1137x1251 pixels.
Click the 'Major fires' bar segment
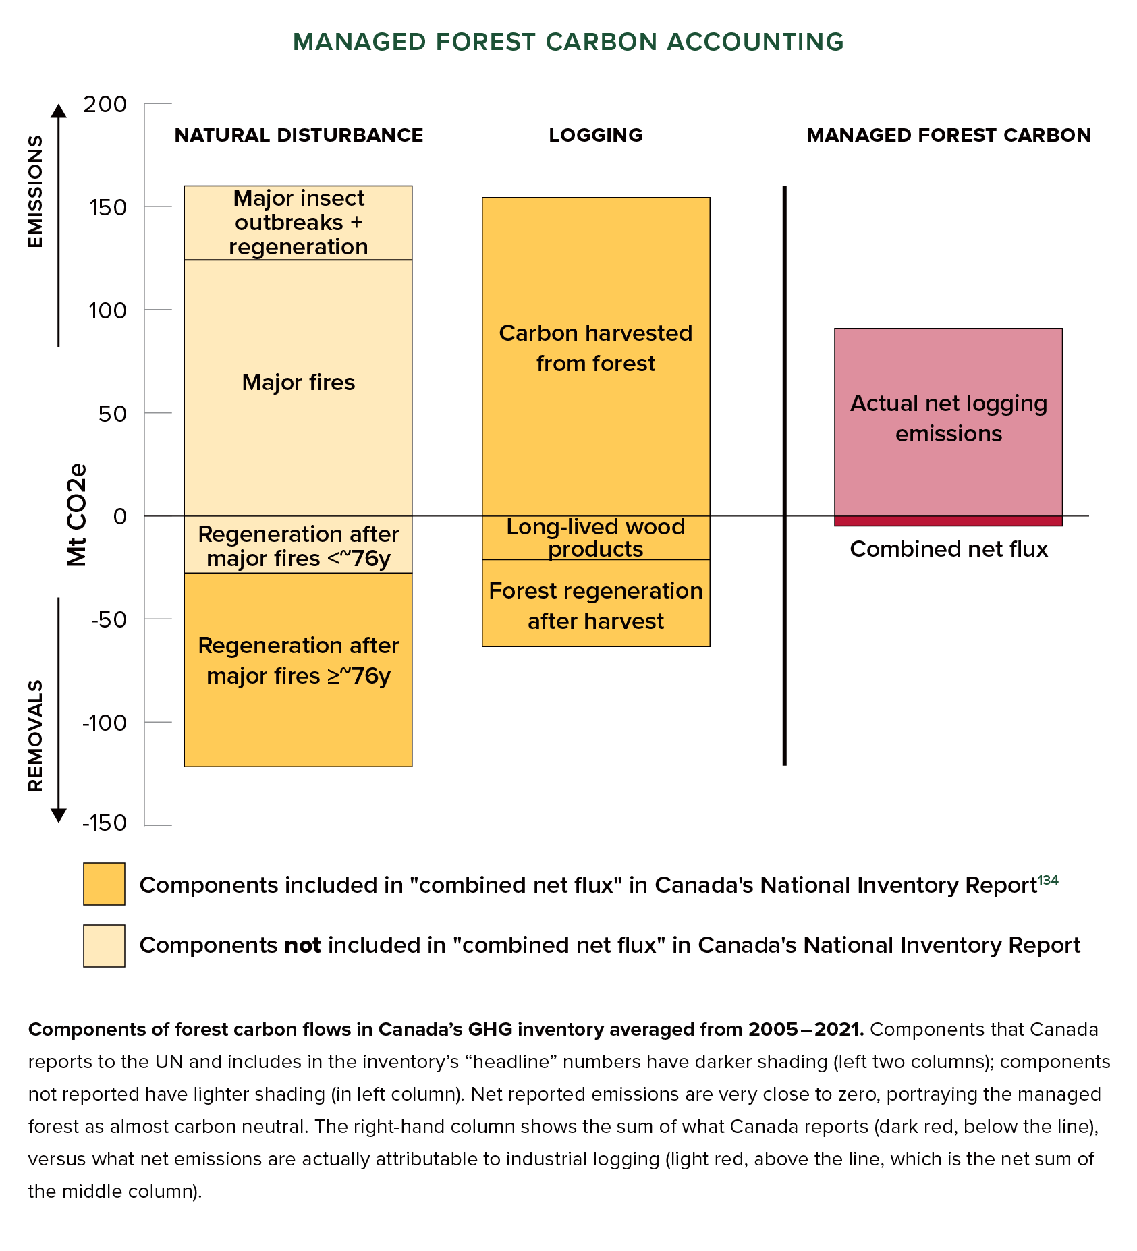click(298, 382)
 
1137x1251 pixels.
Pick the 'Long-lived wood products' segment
click(596, 537)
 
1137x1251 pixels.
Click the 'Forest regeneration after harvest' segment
click(596, 605)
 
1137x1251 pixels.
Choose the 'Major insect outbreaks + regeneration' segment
click(298, 223)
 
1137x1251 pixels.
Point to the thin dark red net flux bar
click(948, 521)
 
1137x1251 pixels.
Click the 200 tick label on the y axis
click(105, 104)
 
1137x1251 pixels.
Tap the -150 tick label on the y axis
click(105, 823)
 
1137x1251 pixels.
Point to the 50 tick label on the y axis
click(112, 414)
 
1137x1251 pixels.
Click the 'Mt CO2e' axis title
click(77, 514)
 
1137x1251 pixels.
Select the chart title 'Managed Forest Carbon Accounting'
click(568, 42)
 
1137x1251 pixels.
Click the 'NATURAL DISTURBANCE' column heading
click(298, 135)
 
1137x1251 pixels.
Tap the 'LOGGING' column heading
click(596, 135)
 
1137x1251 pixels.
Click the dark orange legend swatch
click(104, 884)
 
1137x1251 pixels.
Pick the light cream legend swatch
click(104, 945)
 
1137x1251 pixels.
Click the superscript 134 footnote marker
click(1048, 880)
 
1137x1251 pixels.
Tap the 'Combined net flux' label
click(948, 549)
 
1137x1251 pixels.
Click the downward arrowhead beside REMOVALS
click(59, 815)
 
